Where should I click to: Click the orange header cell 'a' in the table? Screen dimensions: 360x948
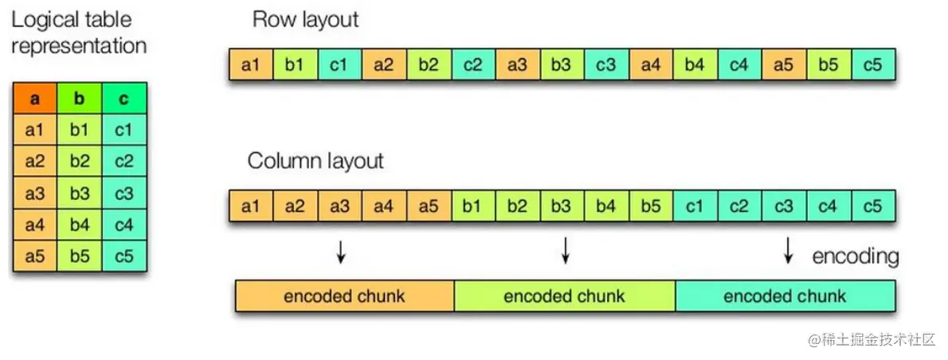34,100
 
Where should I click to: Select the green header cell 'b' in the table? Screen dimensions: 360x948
80,100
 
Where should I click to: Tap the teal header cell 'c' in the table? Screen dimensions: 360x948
124,100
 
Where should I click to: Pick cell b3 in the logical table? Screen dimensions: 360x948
80,194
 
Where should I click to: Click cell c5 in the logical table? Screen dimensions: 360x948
124,256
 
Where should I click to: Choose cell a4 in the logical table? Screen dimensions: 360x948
34,225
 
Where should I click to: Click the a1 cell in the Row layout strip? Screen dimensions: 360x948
251,65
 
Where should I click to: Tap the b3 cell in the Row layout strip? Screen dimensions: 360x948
562,65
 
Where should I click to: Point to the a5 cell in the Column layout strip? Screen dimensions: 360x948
429,207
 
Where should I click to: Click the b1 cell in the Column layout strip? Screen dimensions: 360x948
473,207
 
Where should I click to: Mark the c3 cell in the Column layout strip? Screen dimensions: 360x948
784,207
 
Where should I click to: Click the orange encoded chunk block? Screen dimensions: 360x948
344,296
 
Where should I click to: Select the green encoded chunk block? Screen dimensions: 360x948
564,296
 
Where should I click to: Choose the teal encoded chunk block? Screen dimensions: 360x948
785,296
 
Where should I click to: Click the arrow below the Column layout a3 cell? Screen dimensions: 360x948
341,252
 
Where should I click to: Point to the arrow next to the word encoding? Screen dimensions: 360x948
788,252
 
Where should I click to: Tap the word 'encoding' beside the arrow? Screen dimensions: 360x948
855,256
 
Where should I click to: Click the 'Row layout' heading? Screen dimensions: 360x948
305,20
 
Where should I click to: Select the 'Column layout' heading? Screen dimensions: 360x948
315,161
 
